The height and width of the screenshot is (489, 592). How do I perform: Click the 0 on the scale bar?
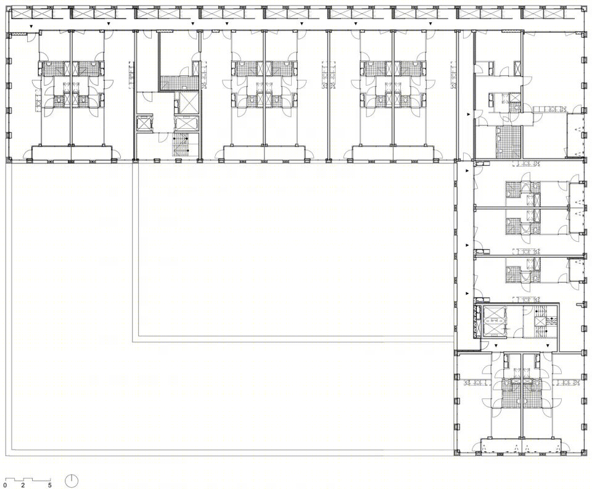click(5, 485)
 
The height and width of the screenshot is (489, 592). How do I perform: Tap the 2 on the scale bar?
click(23, 485)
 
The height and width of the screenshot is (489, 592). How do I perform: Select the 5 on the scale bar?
click(50, 485)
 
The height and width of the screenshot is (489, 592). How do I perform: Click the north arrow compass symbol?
click(72, 481)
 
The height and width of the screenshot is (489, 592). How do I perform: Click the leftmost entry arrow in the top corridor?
click(31, 26)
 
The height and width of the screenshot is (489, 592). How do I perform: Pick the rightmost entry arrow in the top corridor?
click(430, 23)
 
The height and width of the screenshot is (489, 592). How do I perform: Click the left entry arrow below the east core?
click(496, 345)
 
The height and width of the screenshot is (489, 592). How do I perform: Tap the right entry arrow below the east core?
click(547, 345)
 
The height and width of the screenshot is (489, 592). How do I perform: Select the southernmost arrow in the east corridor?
click(467, 293)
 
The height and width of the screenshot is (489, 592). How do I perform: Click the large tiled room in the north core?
click(179, 83)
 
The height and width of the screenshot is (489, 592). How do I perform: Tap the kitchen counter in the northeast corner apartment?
click(550, 109)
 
